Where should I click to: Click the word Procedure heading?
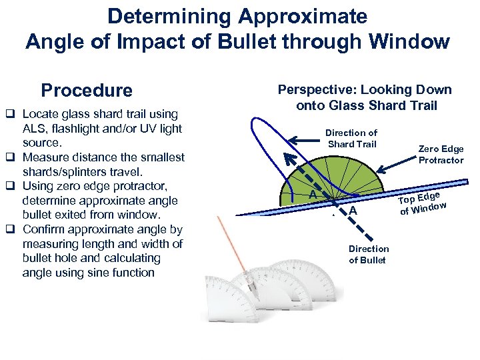tap(87, 90)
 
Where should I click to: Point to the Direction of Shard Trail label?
tap(351, 138)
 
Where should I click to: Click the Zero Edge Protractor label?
tap(441, 154)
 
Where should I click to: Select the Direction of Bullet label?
tap(367, 254)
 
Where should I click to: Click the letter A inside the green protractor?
tap(312, 194)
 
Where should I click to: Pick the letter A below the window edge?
tap(353, 211)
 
